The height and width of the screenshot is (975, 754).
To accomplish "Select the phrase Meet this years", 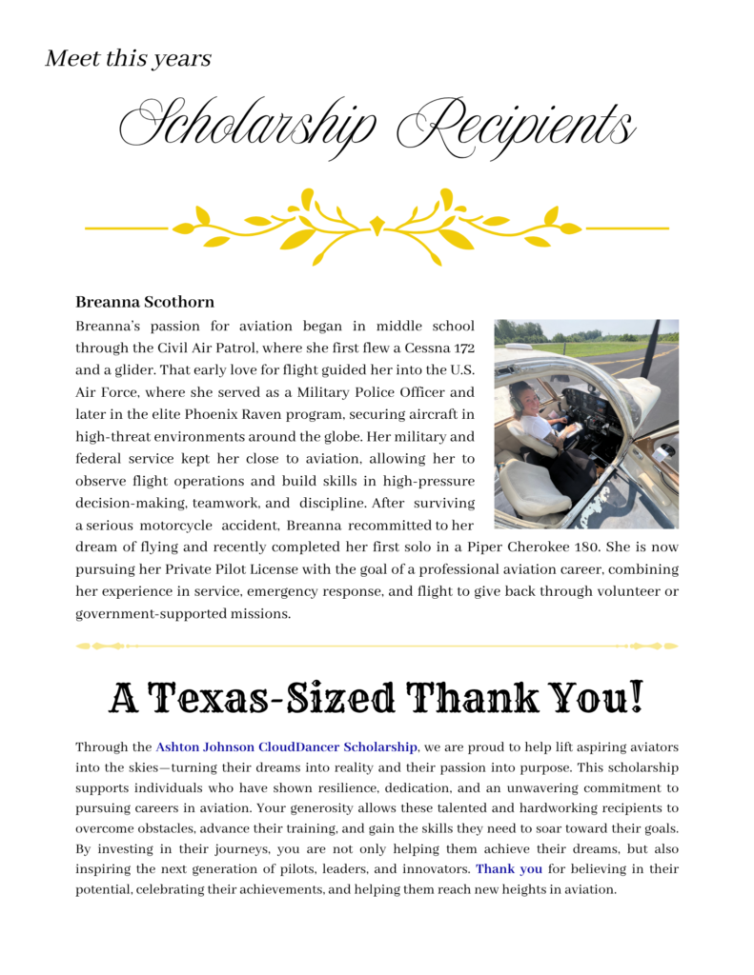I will click(128, 58).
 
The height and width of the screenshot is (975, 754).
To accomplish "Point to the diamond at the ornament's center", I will click(377, 227).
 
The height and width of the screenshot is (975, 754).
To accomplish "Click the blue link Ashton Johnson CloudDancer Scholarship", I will click(286, 747).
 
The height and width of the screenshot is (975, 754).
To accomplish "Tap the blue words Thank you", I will click(509, 868).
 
